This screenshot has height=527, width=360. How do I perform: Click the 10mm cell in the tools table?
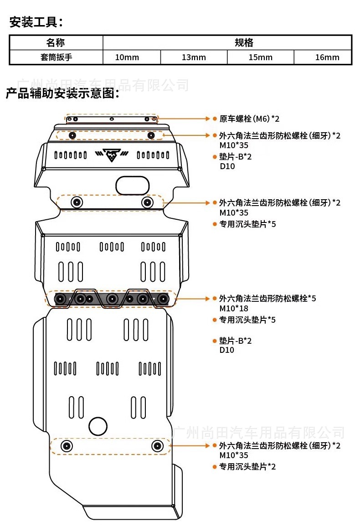(127, 57)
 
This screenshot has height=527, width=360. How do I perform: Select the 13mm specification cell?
(194, 57)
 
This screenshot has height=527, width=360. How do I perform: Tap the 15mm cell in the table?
(260, 57)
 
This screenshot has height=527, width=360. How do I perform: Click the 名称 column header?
(56, 43)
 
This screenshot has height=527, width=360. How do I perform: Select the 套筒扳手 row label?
(56, 57)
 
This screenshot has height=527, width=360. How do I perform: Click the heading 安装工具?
(36, 22)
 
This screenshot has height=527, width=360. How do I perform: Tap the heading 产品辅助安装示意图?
(62, 93)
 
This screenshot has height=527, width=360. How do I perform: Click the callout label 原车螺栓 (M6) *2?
(249, 119)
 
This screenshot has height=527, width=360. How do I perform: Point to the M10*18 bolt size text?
(234, 308)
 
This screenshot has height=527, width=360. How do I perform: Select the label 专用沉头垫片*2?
(247, 466)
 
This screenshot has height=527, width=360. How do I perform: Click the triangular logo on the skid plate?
(112, 155)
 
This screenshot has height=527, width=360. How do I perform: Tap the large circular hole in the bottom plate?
(98, 426)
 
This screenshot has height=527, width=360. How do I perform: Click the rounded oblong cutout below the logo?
(132, 186)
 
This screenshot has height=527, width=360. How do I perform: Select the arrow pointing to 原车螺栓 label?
(183, 119)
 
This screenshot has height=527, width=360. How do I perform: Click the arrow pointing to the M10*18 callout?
(192, 299)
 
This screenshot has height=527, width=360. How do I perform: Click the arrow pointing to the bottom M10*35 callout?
(190, 446)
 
